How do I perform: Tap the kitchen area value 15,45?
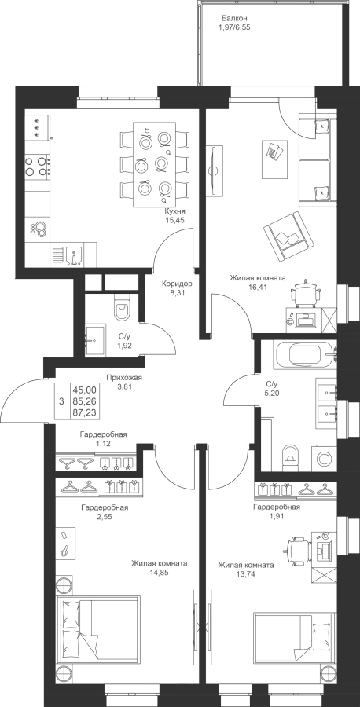175,220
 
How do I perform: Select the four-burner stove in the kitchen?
37,166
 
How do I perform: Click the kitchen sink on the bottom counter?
72,255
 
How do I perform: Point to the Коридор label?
178,284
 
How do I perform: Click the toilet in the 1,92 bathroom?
122,307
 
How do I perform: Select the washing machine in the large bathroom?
324,458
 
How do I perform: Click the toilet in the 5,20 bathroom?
291,457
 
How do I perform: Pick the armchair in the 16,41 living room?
288,236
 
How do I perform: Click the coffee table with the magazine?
274,158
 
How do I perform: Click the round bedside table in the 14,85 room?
64,584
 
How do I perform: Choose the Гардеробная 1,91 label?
277,507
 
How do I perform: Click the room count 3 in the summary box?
61,401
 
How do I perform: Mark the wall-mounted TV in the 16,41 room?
215,170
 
